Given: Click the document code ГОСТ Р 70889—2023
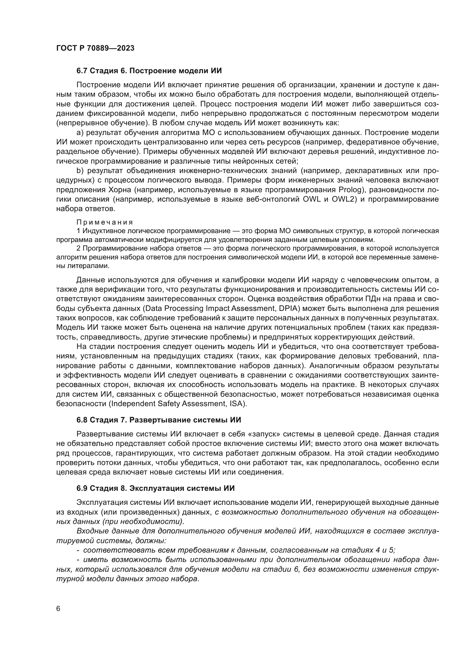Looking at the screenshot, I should click(x=95, y=48).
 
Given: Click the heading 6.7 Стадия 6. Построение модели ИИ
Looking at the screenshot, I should click(x=149, y=71).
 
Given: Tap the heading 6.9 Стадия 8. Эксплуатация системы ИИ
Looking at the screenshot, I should click(x=156, y=488).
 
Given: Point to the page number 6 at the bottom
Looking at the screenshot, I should click(x=58, y=609).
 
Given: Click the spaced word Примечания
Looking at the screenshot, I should click(x=105, y=222).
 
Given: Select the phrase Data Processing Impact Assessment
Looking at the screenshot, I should click(x=211, y=308).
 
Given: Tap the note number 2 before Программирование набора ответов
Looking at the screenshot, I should click(x=78, y=248).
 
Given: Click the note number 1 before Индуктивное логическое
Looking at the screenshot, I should click(x=78, y=231).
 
